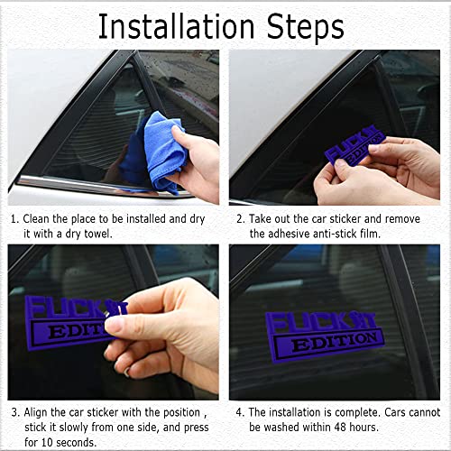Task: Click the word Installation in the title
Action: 175,26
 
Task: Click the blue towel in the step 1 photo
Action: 154,153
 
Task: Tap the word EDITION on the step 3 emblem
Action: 72,332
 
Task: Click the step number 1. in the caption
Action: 14,218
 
